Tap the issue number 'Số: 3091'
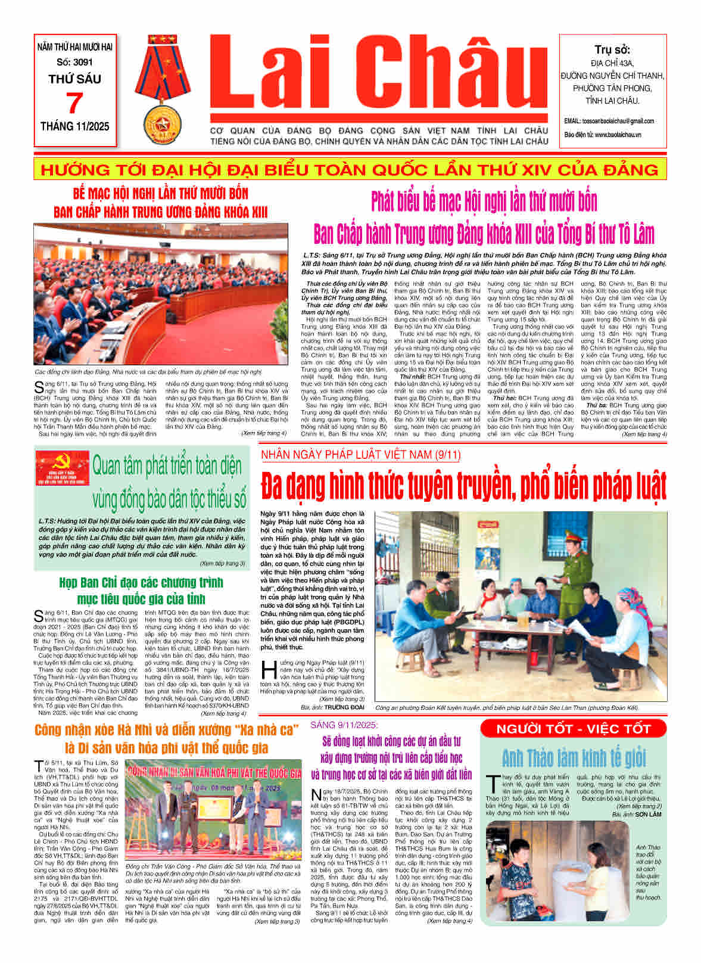pyautogui.click(x=75, y=62)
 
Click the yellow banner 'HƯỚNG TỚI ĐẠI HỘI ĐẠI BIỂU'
pyautogui.click(x=350, y=170)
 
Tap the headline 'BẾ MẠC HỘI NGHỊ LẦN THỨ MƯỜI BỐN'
pyautogui.click(x=160, y=194)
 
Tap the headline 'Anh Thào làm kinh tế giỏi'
pyautogui.click(x=574, y=758)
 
